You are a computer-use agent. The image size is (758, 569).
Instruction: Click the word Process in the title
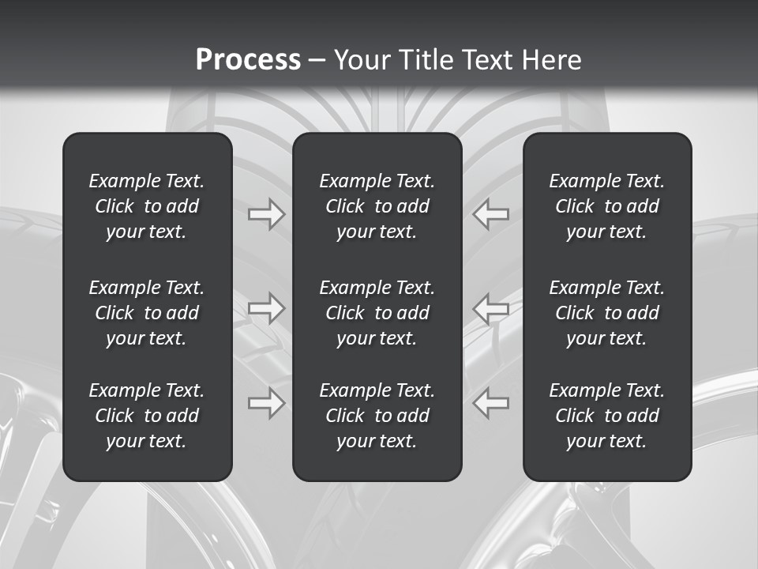point(248,60)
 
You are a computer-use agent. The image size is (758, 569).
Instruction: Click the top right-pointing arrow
point(267,214)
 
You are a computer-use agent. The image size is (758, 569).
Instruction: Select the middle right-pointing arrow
point(267,308)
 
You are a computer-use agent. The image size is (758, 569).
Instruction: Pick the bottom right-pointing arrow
point(267,403)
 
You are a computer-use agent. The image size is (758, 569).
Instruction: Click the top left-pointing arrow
point(491,214)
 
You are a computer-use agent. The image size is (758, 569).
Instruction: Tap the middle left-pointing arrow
point(491,308)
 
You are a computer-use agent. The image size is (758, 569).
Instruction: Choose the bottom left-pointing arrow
point(491,403)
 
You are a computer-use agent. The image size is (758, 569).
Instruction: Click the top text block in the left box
point(147,206)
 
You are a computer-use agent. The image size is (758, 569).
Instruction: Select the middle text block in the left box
point(147,313)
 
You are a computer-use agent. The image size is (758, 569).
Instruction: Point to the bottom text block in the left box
point(147,416)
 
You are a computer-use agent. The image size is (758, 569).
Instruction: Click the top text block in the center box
point(377,206)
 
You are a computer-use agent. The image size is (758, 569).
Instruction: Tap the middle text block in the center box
point(377,313)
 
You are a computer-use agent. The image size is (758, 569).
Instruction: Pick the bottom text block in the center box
point(377,416)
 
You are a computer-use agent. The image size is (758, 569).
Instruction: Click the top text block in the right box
point(607,206)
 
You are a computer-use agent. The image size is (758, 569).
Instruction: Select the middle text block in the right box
point(607,313)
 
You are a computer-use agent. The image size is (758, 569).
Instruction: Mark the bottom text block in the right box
point(607,416)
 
